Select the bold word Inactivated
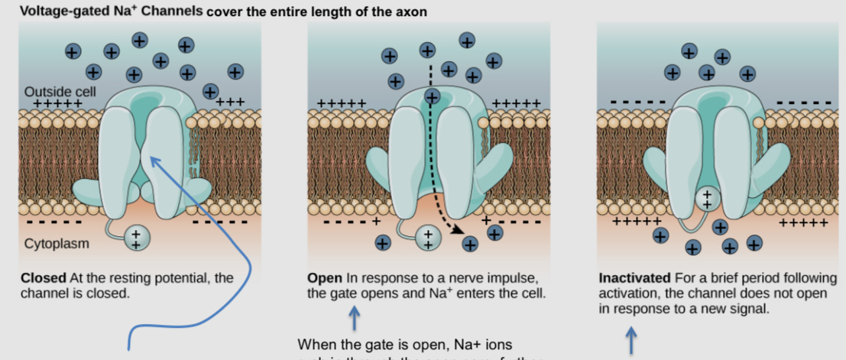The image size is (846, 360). [x=633, y=278]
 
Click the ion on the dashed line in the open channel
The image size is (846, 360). [x=432, y=97]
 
